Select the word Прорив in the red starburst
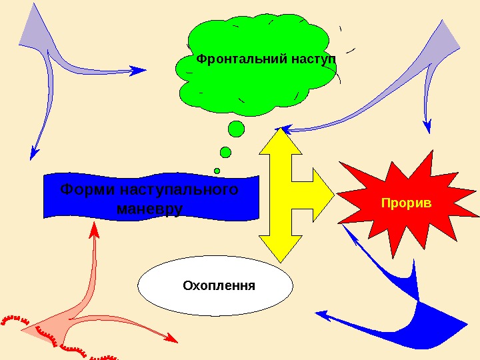(x=407, y=202)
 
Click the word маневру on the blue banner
(x=149, y=209)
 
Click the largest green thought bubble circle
(x=236, y=129)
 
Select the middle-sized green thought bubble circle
(x=225, y=153)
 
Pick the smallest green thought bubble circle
(x=217, y=171)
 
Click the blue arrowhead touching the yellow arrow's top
(x=284, y=127)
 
